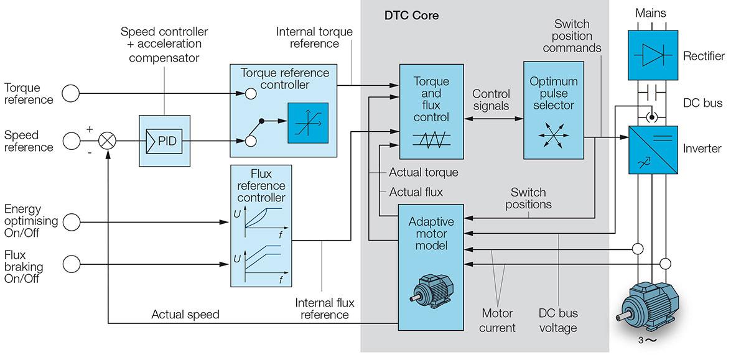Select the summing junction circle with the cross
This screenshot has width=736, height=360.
click(108, 141)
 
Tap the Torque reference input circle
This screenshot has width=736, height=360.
click(72, 94)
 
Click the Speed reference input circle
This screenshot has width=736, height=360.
click(72, 141)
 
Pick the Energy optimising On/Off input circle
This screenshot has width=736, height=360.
click(72, 220)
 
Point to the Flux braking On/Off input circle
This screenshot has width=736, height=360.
click(72, 264)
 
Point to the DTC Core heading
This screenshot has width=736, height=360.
click(411, 16)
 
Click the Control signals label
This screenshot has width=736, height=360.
click(491, 99)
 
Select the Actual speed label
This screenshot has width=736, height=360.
click(185, 315)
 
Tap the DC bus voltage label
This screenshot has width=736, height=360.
click(557, 321)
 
